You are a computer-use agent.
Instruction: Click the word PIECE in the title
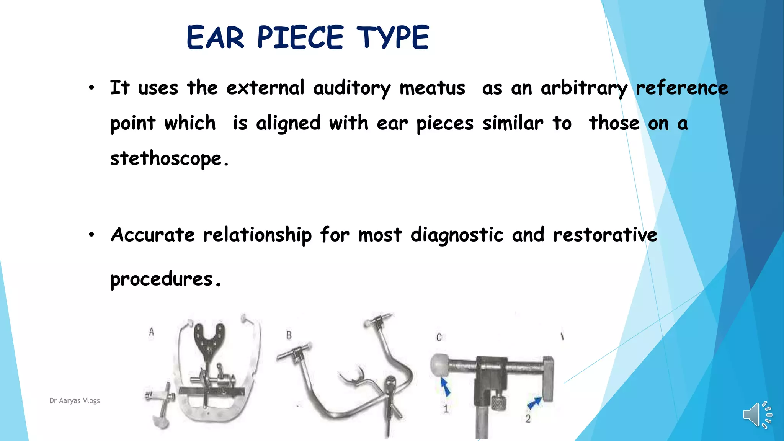point(300,38)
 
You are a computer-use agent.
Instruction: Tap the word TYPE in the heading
point(393,38)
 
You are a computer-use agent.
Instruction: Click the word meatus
point(432,88)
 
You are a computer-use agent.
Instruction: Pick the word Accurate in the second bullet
point(152,235)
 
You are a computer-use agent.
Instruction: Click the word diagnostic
point(456,235)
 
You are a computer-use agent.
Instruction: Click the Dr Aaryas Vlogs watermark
point(75,400)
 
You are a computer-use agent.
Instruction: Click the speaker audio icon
point(756,415)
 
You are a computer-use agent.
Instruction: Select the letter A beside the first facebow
point(152,332)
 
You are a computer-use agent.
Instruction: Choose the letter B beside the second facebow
point(289,335)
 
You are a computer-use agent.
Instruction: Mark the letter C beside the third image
point(439,337)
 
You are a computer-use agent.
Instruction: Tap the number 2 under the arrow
point(528,419)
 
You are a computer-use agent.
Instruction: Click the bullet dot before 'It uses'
point(91,88)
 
